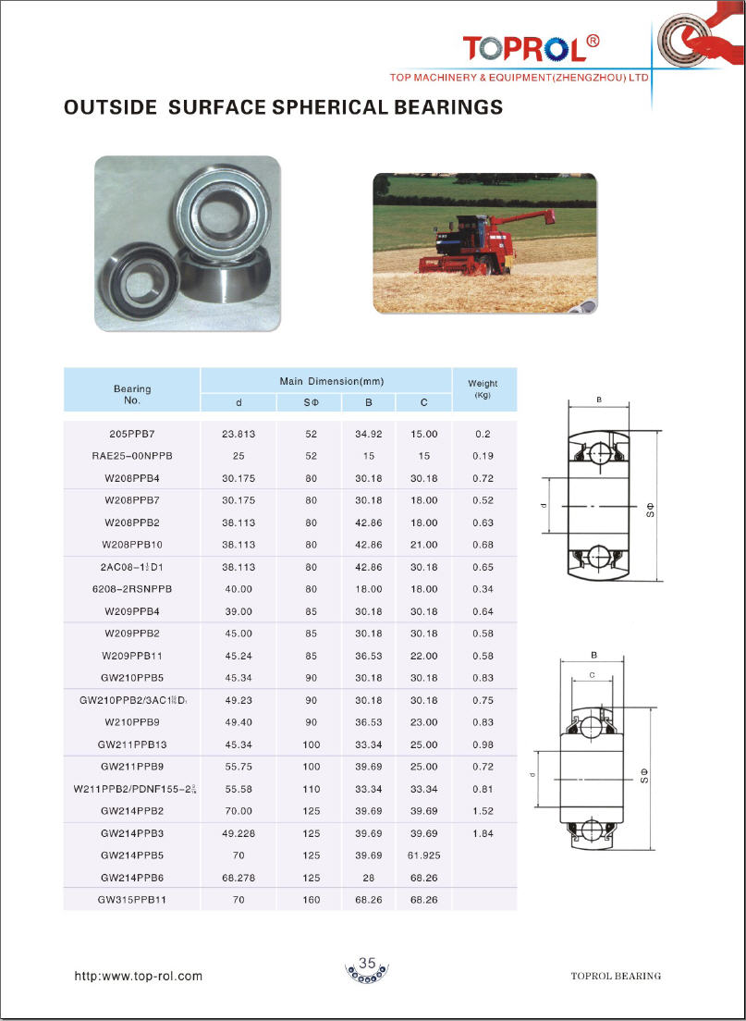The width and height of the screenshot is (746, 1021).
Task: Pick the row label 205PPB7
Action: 133,434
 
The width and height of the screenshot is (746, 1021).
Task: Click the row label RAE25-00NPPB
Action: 132,456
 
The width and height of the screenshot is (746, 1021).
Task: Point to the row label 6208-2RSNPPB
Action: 132,589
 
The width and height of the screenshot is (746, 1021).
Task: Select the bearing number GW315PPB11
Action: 132,899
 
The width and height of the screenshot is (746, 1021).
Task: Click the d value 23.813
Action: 238,434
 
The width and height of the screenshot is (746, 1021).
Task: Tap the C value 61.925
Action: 423,855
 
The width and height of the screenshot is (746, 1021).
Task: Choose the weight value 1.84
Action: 483,833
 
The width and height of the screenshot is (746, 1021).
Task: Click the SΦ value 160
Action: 311,899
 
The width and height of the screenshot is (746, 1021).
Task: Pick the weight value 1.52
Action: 483,811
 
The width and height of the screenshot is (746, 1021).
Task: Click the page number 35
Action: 367,964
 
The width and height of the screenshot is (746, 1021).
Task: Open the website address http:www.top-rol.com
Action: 138,976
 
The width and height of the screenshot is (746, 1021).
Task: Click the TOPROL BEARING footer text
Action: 616,976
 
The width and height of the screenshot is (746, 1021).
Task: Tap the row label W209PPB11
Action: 132,656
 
